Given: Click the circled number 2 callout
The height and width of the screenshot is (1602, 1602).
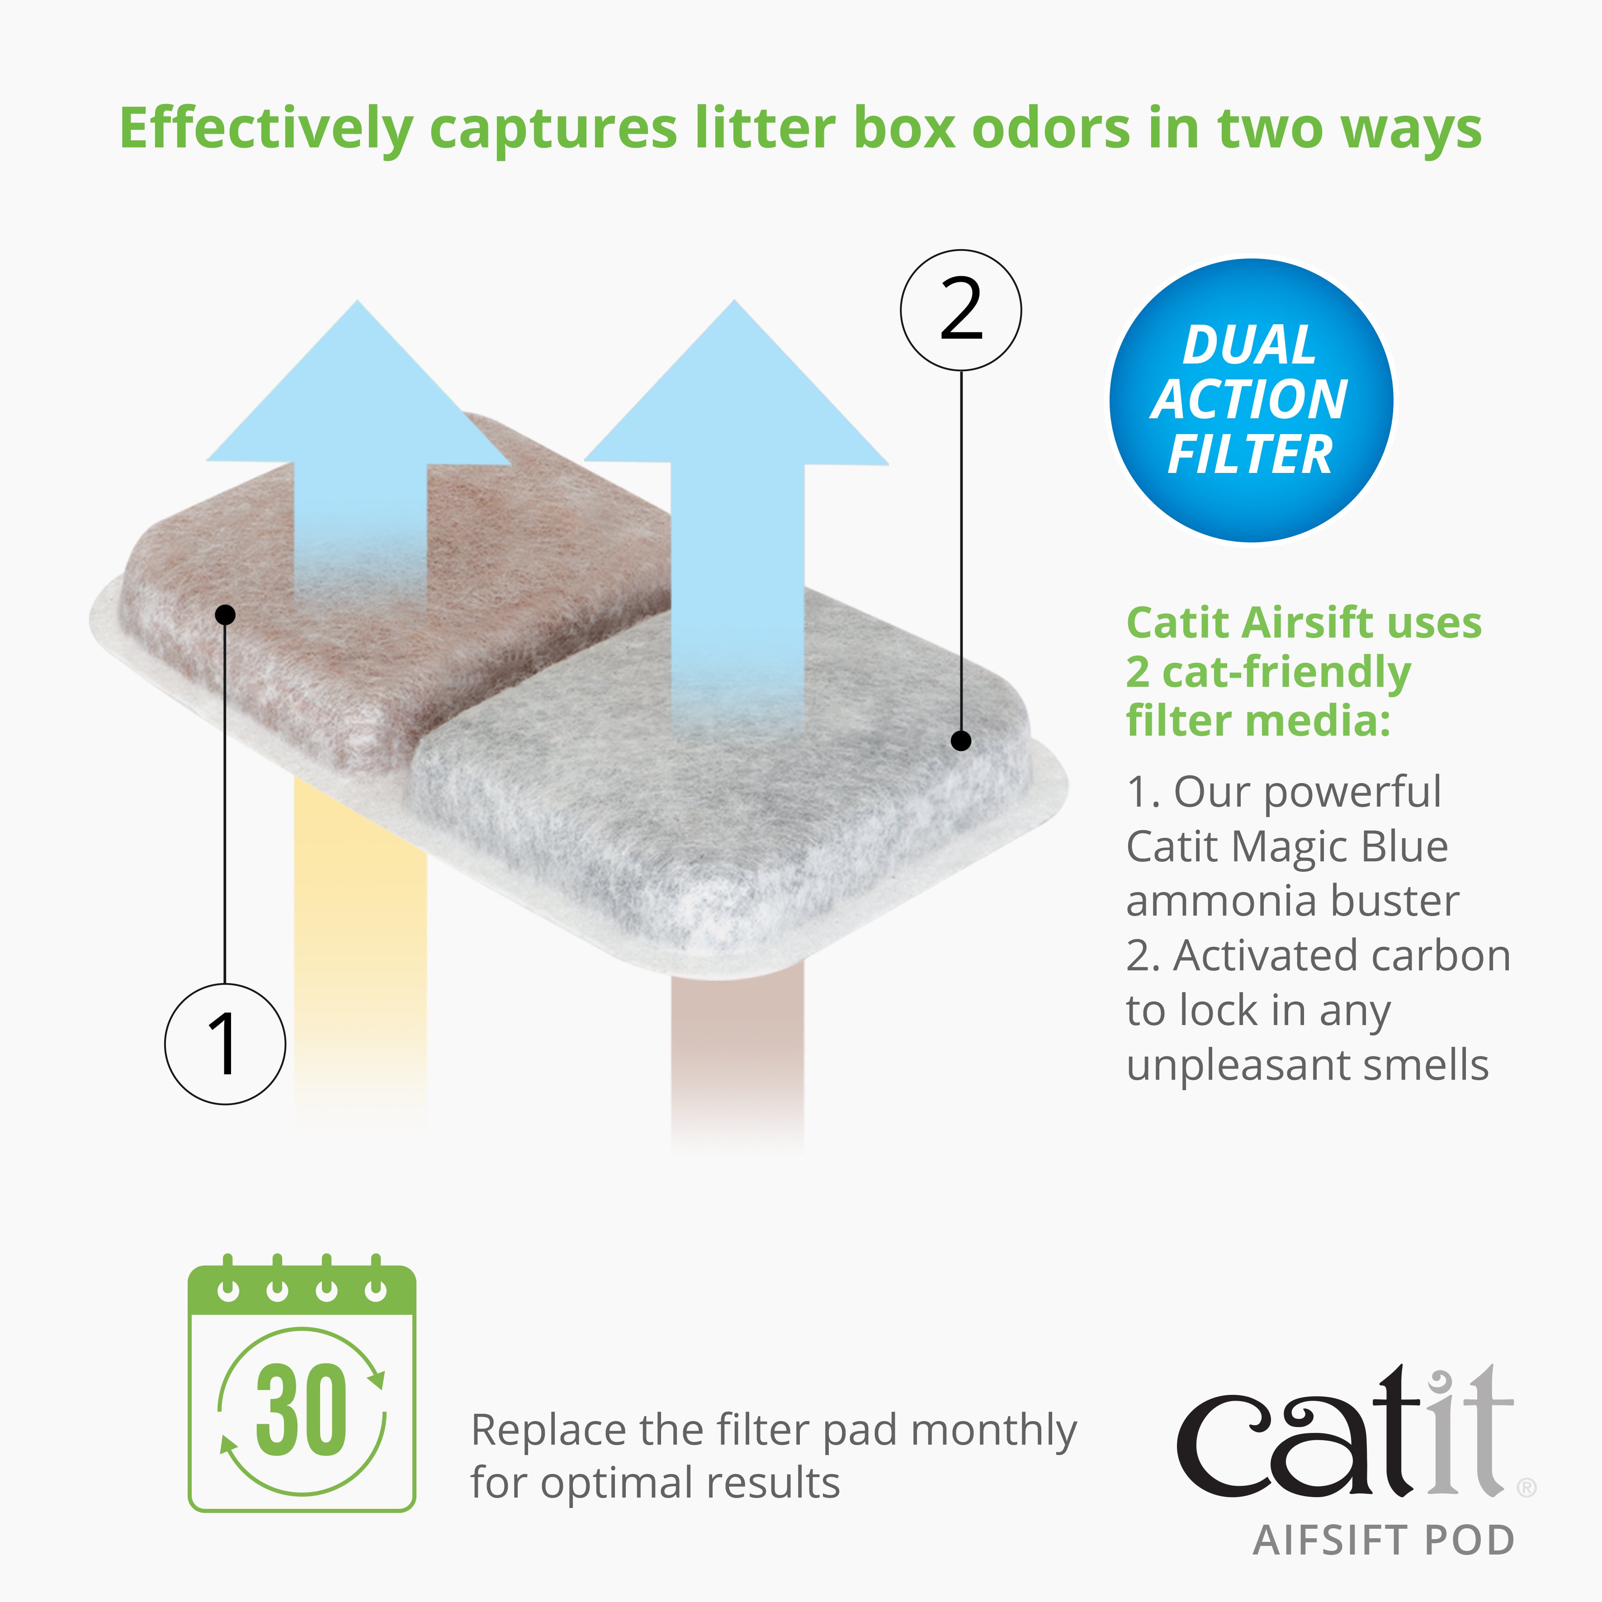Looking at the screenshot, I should click(960, 310).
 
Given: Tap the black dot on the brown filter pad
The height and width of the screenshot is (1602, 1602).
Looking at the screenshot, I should click(225, 614).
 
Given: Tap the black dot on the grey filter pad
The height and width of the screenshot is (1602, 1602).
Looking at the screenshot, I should click(960, 741).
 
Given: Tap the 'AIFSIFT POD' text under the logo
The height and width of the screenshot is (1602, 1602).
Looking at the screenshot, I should click(1383, 1541).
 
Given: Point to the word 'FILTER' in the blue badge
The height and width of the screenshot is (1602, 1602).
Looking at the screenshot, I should click(1250, 454).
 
